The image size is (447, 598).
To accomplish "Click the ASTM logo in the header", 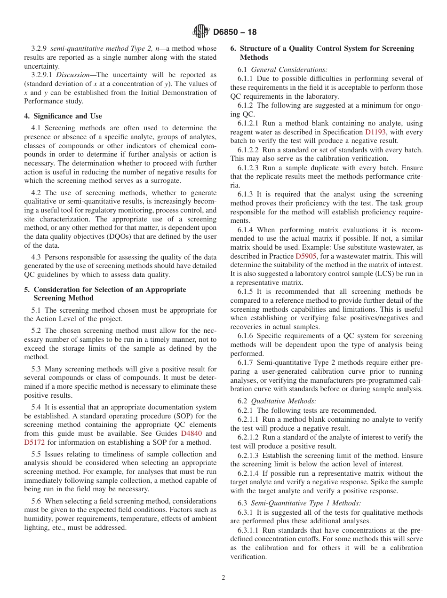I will [201, 32].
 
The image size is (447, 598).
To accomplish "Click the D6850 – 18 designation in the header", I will [235, 32].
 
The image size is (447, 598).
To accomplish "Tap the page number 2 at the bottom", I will [223, 578].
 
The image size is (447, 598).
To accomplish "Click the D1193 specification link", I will [375, 133].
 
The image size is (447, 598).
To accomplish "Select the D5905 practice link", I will [305, 256].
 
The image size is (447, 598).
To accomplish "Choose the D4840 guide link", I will [192, 433].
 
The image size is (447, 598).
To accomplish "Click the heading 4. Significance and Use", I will [63, 116].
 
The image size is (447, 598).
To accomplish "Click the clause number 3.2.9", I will [39, 48].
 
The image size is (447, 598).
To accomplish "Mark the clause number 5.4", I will [36, 407].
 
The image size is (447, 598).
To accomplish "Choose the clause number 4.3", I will [36, 257].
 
